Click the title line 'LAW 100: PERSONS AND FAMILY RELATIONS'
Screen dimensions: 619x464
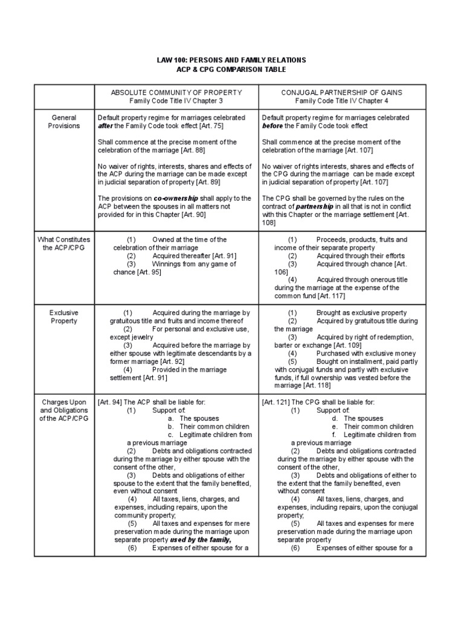pyautogui.click(x=232, y=60)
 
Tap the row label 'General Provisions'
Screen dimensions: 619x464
pyautogui.click(x=64, y=122)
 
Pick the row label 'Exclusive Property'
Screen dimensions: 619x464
pyautogui.click(x=64, y=317)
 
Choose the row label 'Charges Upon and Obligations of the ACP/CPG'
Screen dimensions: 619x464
pyautogui.click(x=64, y=410)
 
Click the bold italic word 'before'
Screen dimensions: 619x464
pyautogui.click(x=273, y=126)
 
